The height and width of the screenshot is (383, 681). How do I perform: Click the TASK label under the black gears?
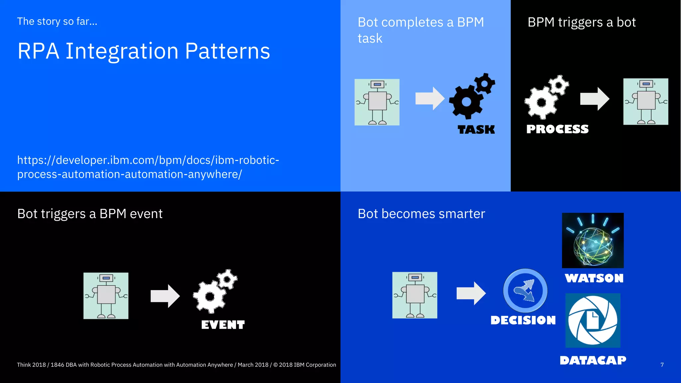pyautogui.click(x=476, y=129)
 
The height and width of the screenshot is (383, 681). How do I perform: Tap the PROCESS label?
pyautogui.click(x=557, y=129)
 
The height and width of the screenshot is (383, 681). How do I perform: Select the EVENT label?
pyautogui.click(x=223, y=324)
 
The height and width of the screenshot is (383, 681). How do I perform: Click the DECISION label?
pyautogui.click(x=523, y=320)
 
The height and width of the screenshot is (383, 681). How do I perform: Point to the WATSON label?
pyautogui.click(x=594, y=278)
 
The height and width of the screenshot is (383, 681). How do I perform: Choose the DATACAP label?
pyautogui.click(x=593, y=360)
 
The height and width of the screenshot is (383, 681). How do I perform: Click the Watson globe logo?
pyautogui.click(x=593, y=240)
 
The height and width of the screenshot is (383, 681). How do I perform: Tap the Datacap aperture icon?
pyautogui.click(x=593, y=320)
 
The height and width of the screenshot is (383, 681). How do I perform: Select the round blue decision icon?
pyautogui.click(x=525, y=291)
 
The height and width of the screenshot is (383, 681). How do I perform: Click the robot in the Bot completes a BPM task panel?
pyautogui.click(x=377, y=102)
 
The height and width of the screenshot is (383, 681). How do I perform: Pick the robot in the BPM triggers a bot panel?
pyautogui.click(x=645, y=102)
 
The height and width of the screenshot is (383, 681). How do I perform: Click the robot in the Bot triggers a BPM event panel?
pyautogui.click(x=106, y=296)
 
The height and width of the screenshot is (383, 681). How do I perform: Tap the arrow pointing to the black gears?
pyautogui.click(x=430, y=98)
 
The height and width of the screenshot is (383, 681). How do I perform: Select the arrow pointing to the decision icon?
pyautogui.click(x=471, y=293)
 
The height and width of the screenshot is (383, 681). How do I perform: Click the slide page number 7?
pyautogui.click(x=662, y=365)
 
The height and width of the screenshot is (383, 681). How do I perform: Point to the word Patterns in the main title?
pyautogui.click(x=227, y=51)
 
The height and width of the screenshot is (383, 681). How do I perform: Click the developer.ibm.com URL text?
pyautogui.click(x=148, y=167)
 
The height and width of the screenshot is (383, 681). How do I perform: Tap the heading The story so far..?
pyautogui.click(x=57, y=21)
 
